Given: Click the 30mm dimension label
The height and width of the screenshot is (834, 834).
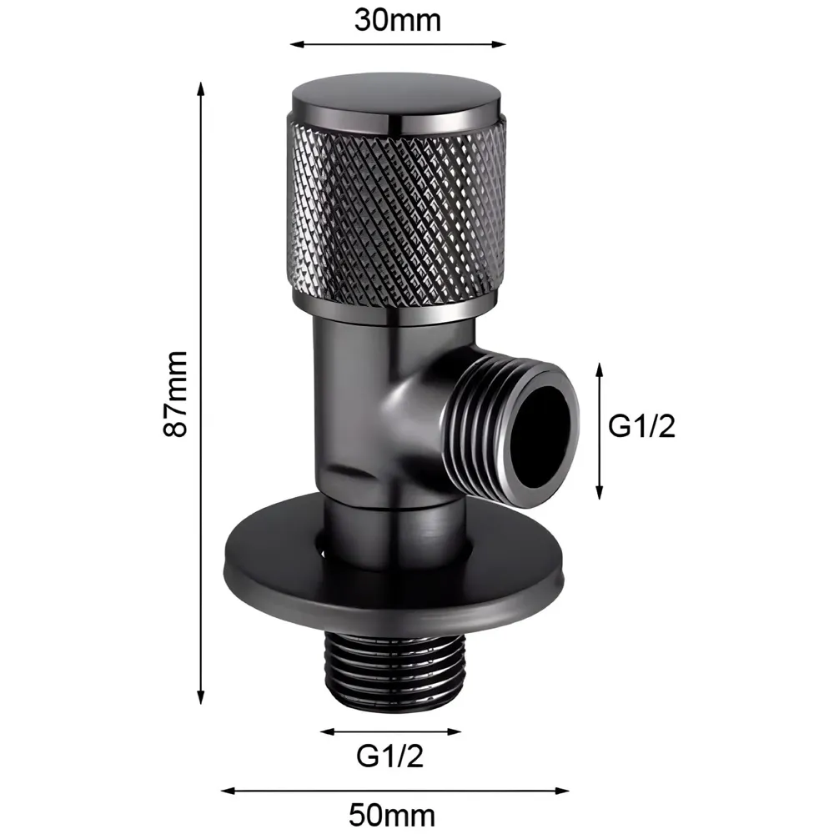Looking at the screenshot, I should coord(397,19).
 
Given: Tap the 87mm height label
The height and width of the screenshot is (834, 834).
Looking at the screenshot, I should coord(176,394).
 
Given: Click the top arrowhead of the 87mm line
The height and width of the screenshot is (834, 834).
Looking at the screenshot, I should coord(201,87).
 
